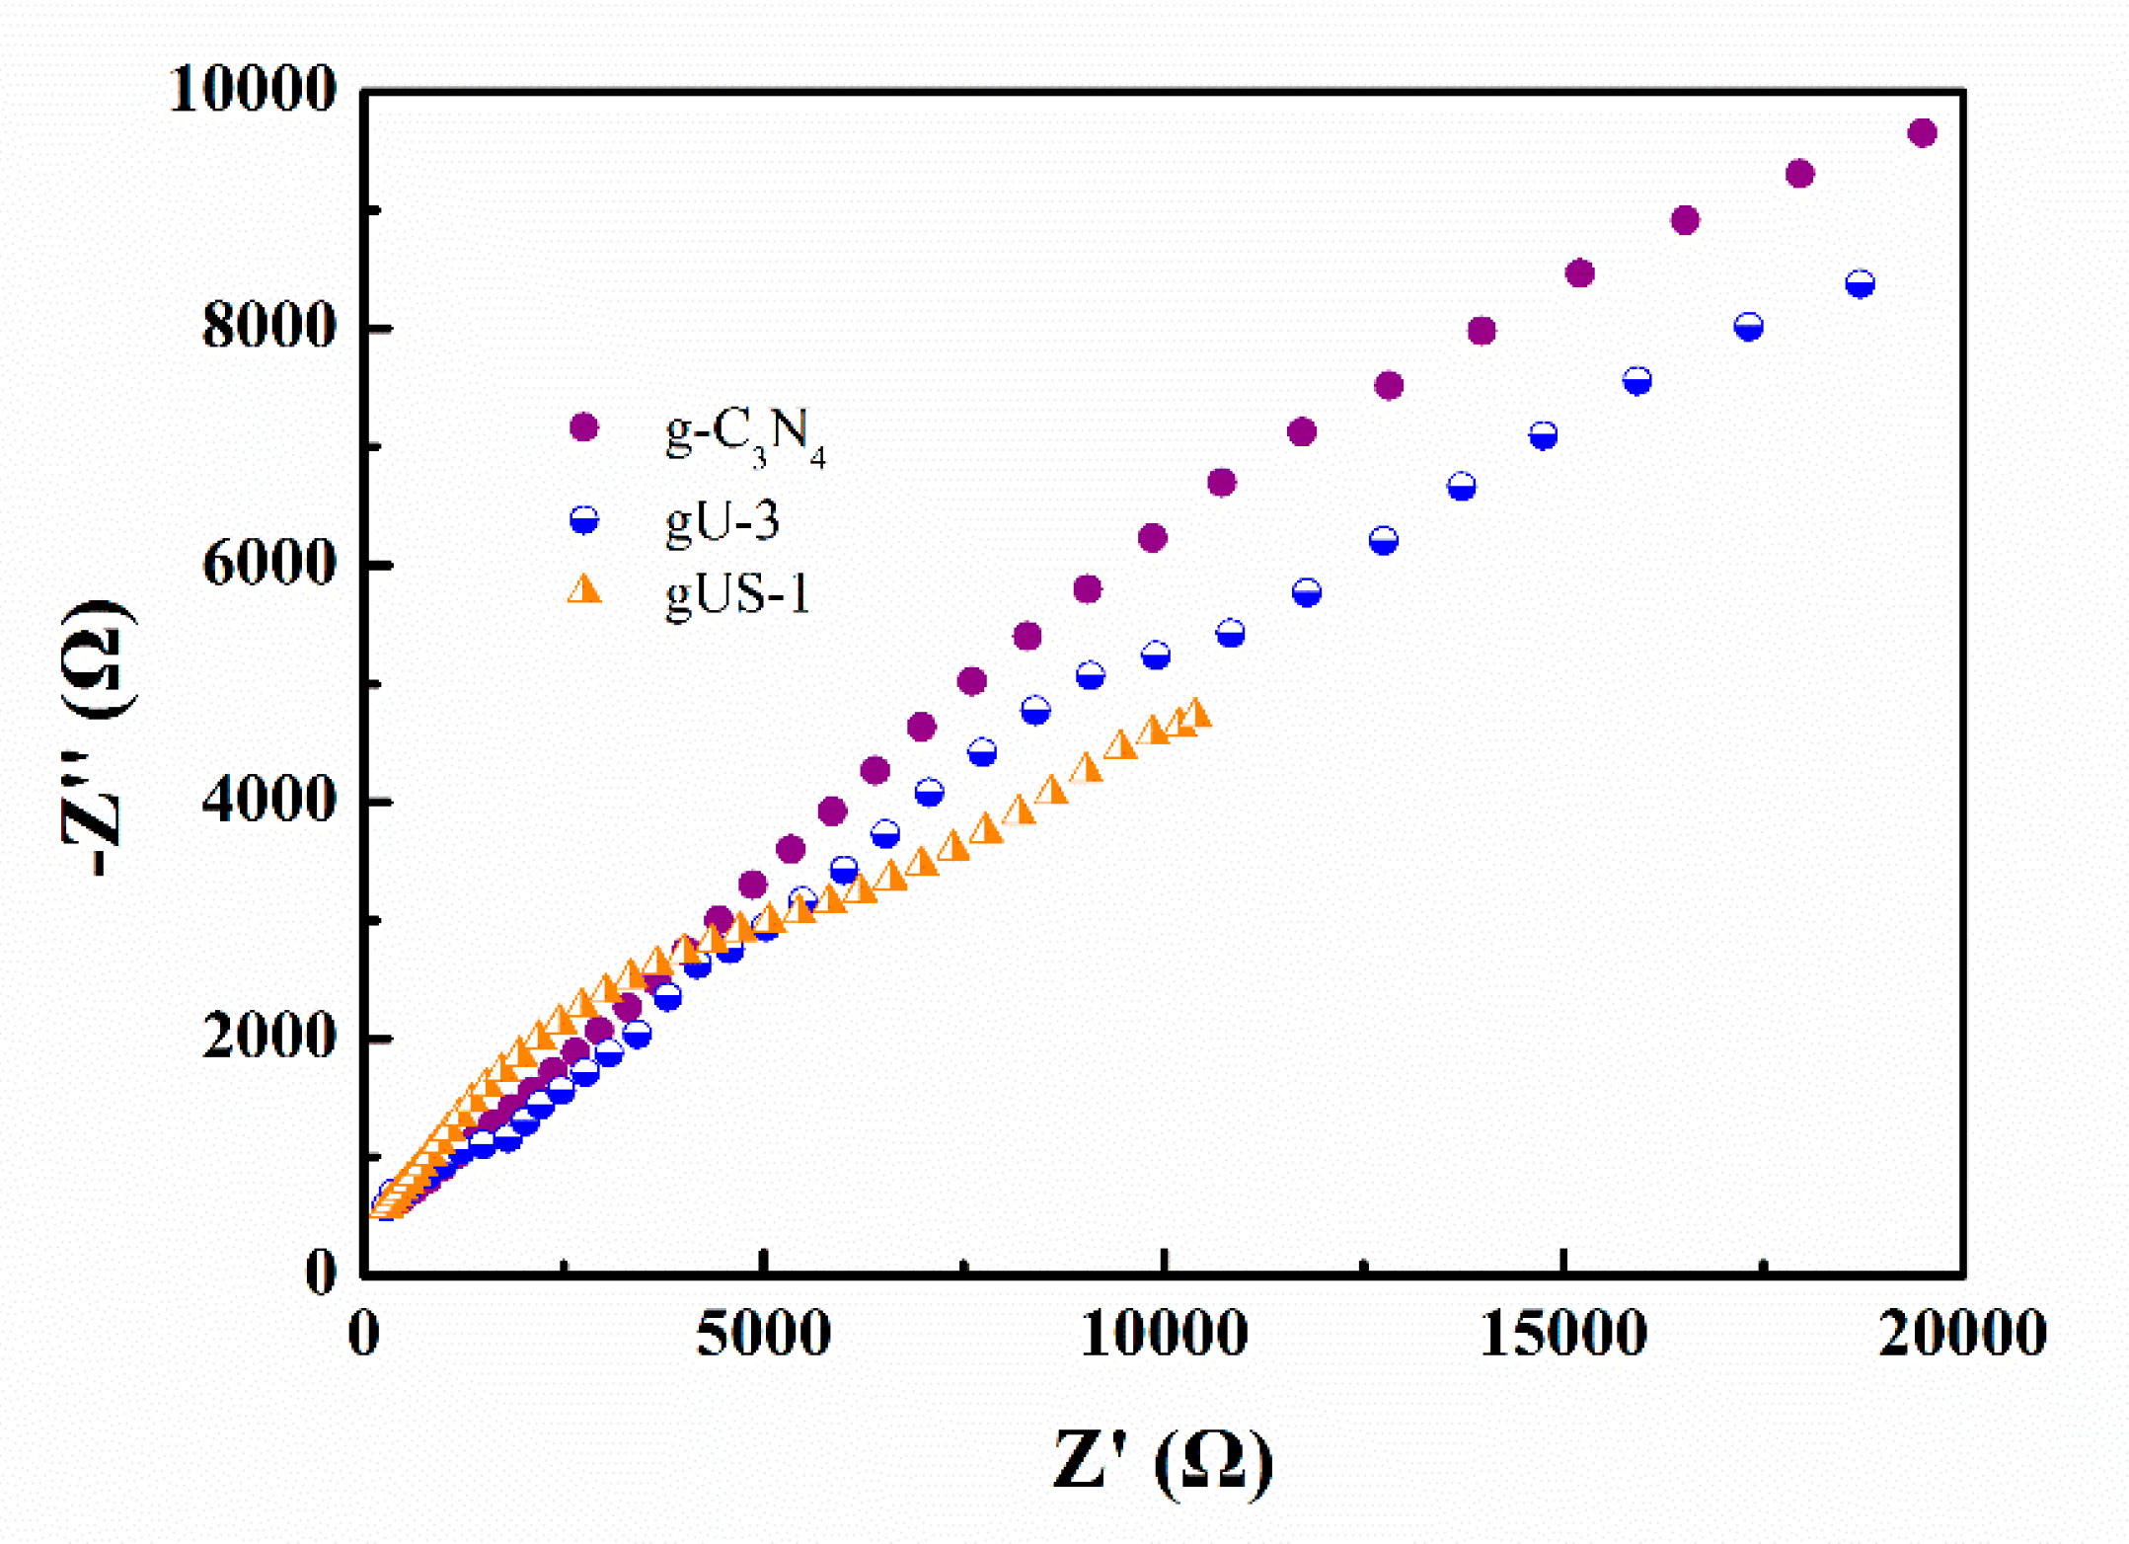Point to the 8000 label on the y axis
point(268,327)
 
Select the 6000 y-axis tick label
point(268,565)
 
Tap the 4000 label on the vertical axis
point(268,801)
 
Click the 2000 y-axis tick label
point(268,1038)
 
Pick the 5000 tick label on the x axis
point(763,1335)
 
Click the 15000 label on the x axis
point(1563,1335)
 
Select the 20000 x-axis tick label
point(1962,1335)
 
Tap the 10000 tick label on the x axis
point(1165,1335)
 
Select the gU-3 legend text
point(722,521)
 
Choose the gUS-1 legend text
point(738,595)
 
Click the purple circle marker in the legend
point(584,427)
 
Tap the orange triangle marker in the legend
point(584,590)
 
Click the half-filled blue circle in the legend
point(584,519)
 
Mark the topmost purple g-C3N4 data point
point(1922,133)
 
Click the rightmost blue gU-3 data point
point(1860,284)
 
